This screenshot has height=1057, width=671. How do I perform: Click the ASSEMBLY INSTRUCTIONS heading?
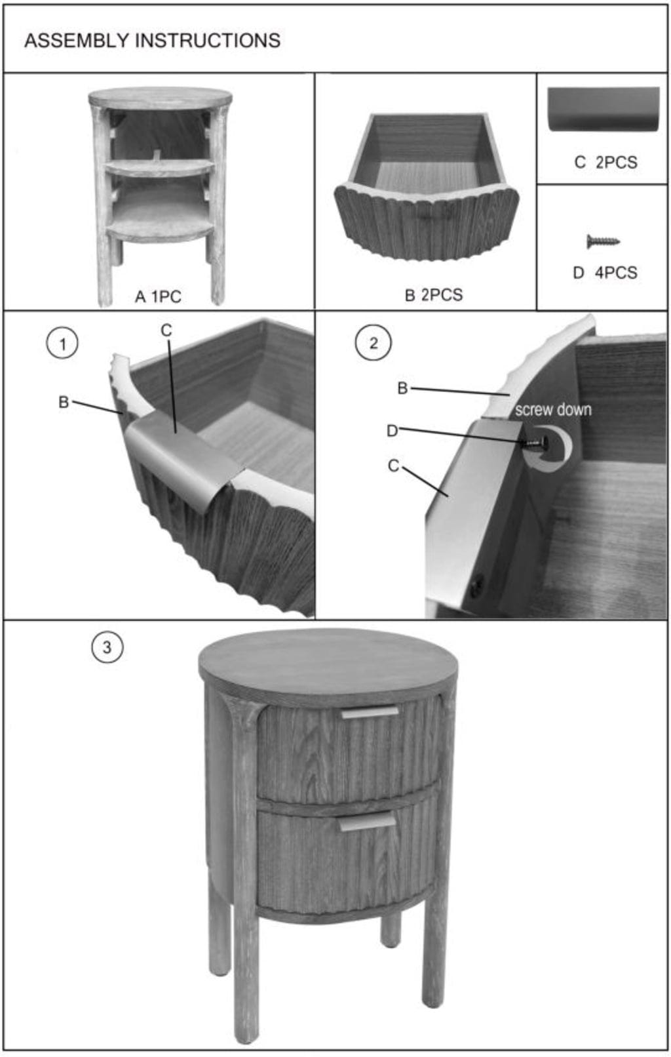click(152, 41)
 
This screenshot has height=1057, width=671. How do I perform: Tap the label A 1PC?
click(158, 296)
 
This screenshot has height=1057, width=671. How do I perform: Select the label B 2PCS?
click(434, 294)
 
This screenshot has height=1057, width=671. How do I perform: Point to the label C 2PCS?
click(605, 163)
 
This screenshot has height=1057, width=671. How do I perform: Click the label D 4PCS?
click(605, 273)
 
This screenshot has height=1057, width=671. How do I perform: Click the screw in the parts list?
click(603, 241)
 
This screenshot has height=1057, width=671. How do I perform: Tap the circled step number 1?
click(62, 343)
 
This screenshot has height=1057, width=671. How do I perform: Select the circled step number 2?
click(373, 343)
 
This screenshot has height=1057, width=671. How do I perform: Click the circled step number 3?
click(107, 647)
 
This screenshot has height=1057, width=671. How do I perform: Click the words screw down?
click(553, 410)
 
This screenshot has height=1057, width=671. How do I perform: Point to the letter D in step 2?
click(392, 431)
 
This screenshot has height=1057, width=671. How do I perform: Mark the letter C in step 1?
click(166, 330)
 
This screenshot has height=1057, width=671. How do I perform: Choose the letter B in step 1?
click(64, 402)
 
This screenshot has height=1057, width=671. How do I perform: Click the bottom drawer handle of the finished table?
click(368, 822)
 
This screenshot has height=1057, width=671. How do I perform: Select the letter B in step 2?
click(402, 388)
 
